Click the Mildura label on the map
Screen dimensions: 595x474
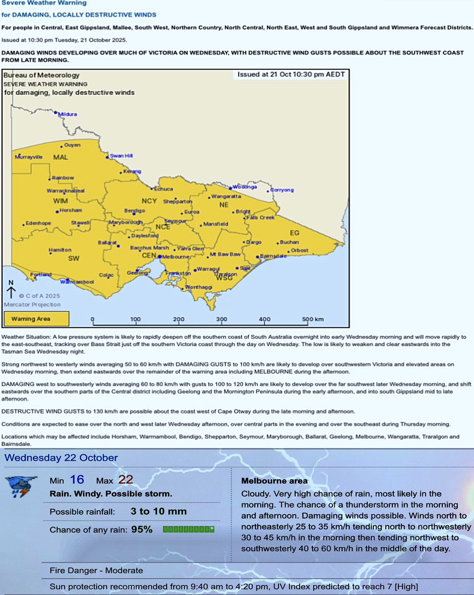(68, 114)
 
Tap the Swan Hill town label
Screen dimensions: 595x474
(121, 156)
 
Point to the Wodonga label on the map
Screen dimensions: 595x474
(244, 187)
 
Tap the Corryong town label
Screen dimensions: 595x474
(282, 190)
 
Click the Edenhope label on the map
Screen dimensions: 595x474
(38, 223)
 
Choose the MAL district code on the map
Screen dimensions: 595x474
(60, 157)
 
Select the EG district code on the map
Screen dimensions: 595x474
(295, 233)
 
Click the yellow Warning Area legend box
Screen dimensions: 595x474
(36, 319)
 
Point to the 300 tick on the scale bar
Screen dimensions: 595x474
(222, 319)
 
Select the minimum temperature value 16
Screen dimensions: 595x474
(77, 480)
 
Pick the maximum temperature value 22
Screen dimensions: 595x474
(125, 480)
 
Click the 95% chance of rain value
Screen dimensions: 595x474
(142, 530)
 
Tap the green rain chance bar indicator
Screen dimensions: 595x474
(188, 530)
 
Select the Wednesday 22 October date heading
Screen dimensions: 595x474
(61, 458)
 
